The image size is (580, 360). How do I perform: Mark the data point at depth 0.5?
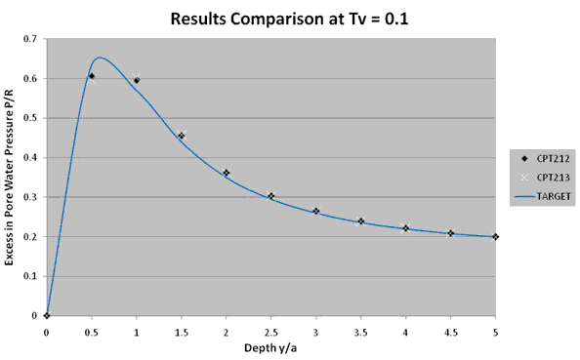pyautogui.click(x=91, y=76)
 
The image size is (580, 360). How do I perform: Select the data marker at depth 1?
pyautogui.click(x=137, y=80)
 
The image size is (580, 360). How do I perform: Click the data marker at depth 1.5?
pyautogui.click(x=181, y=136)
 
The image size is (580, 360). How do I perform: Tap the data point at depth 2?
pyautogui.click(x=226, y=173)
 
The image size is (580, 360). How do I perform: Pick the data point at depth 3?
pyautogui.click(x=315, y=211)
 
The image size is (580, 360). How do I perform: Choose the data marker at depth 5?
pyautogui.click(x=495, y=236)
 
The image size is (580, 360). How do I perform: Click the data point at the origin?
pyautogui.click(x=47, y=315)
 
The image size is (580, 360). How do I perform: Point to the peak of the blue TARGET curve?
pyautogui.click(x=99, y=58)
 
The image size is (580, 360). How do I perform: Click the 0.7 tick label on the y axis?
pyautogui.click(x=32, y=39)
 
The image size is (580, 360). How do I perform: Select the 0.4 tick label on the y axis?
pyautogui.click(x=32, y=158)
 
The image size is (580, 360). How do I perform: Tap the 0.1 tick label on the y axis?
pyautogui.click(x=32, y=276)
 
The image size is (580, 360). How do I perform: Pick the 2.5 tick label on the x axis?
pyautogui.click(x=270, y=332)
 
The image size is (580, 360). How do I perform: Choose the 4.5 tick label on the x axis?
pyautogui.click(x=450, y=332)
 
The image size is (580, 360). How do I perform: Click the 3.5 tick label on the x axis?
pyautogui.click(x=360, y=332)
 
